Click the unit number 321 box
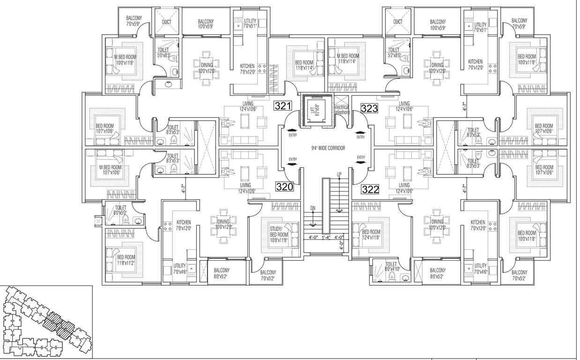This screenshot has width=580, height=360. tap(284, 106)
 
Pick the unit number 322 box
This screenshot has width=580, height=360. tap(370, 189)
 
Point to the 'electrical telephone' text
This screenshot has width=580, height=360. tap(342, 110)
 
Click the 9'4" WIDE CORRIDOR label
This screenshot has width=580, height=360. tap(328, 148)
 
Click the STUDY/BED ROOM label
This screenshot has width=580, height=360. tap(279, 232)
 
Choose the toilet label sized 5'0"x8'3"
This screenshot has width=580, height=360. tap(163, 52)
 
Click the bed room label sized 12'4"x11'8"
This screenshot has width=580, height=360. tap(372, 234)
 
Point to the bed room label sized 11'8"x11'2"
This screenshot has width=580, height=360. tap(126, 260)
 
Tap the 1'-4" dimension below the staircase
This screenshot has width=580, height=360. tap(327, 237)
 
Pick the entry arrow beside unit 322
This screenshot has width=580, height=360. tap(360, 163)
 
